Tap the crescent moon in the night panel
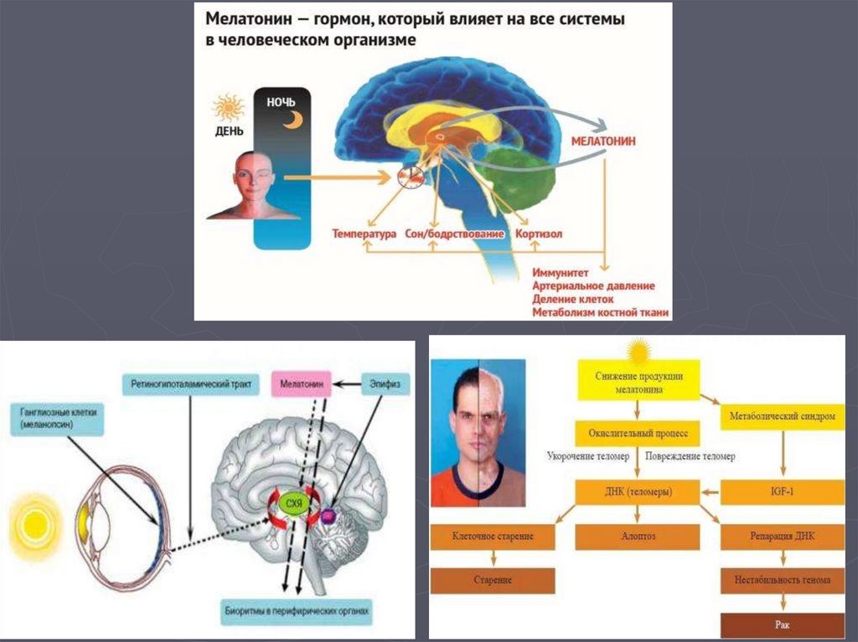pos(291,121)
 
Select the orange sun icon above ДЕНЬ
pos(228,109)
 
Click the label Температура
pos(364,234)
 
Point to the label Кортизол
pos(540,234)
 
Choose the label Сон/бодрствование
pos(455,234)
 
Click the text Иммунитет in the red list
pos(561,273)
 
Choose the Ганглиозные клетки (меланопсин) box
pos(56,419)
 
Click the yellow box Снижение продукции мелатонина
pos(639,381)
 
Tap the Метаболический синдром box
pos(781,416)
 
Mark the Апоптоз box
pos(637,536)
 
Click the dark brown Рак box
pos(782,624)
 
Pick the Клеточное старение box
pos(493,536)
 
